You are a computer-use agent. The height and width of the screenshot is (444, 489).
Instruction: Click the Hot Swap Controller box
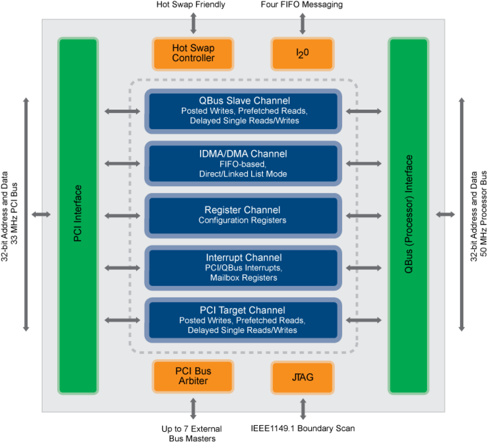coord(193,54)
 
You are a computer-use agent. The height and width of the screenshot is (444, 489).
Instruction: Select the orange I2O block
coord(302,54)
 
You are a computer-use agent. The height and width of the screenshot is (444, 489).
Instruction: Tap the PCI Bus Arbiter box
coord(193,376)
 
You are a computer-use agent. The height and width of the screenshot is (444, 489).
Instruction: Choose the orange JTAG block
coord(302,377)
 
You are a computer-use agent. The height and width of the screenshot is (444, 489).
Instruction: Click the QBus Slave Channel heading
coord(244,101)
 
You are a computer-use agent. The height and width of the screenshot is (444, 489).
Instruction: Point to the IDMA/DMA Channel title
coord(243,154)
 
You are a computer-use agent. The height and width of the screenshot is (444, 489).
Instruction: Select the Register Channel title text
coord(242,210)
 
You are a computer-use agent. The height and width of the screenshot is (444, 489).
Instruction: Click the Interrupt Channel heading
coord(244,258)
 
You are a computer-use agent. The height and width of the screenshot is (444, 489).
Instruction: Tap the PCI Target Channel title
coord(242,310)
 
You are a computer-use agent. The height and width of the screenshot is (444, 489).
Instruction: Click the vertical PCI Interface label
coord(78,213)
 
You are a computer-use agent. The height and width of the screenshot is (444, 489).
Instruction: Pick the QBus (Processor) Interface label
coord(408,214)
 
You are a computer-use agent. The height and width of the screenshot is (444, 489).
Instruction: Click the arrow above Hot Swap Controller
coord(193,23)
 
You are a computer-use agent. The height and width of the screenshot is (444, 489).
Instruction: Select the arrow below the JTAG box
coord(303,409)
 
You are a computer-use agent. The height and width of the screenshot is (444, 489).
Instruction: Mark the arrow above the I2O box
coord(302,23)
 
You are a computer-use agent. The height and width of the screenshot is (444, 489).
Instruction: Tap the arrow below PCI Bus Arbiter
coord(193,409)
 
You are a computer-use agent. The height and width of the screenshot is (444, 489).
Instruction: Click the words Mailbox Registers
coord(244,278)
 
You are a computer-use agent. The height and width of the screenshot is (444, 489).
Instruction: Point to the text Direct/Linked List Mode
coord(243,174)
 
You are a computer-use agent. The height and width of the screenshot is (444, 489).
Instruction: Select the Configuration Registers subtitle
coord(242,220)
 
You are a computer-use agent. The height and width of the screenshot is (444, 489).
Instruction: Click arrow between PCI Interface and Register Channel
coord(122,216)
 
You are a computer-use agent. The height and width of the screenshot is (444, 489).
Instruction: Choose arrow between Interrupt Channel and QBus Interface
coord(364,268)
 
